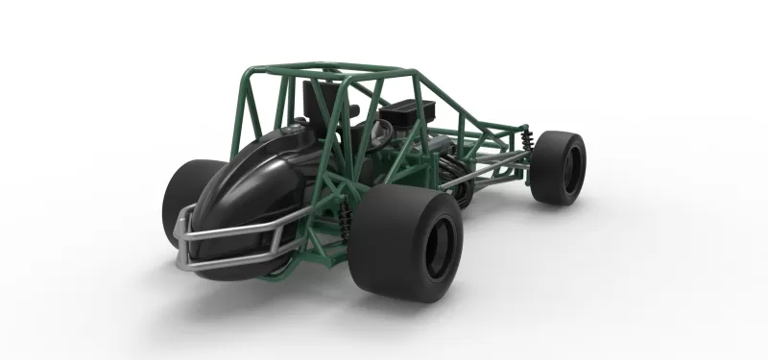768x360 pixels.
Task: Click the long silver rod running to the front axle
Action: pyautogui.click(x=490, y=169)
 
